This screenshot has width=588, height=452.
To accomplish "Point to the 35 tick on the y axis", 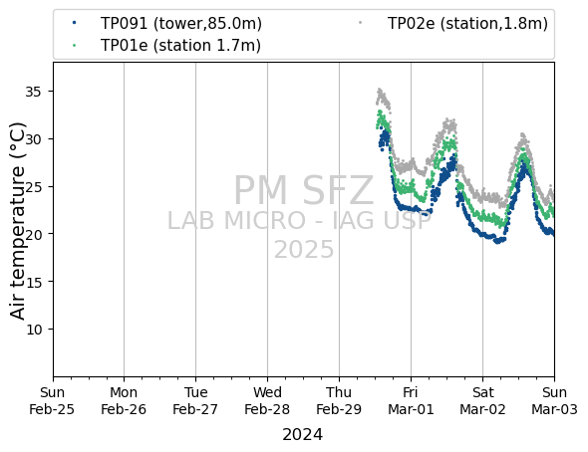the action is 33,92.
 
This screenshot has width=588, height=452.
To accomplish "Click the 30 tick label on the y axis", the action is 33,139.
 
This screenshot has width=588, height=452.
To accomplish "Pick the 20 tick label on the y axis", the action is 33,234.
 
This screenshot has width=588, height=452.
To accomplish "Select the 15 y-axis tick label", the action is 33,282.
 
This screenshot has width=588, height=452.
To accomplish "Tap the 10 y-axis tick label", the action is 33,330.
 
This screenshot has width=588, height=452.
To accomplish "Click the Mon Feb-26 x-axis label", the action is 124,400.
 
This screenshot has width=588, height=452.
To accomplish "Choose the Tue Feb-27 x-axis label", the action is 195,400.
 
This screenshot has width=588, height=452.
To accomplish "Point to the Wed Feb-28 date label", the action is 267,400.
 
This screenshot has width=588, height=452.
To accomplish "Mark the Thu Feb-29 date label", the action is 339,400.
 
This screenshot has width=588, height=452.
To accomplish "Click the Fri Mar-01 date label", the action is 411,400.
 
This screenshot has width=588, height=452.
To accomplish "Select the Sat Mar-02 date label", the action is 482,400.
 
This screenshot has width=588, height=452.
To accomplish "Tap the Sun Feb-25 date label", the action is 52,400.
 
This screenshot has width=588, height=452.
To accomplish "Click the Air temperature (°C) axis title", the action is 17,221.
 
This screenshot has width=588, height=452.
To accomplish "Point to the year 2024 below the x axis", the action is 302,435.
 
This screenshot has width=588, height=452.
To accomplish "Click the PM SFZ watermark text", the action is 304,190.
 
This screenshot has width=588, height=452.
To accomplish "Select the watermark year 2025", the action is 304,250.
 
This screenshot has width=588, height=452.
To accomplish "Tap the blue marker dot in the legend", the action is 75,23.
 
